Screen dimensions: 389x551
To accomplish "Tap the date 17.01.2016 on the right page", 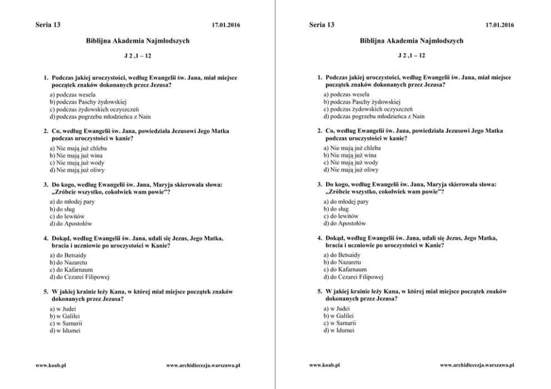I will pyautogui.click(x=499, y=25).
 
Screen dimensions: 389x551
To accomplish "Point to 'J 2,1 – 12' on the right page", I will pyautogui.click(x=412, y=55).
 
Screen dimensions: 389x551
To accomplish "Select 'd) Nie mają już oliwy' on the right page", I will pyautogui.click(x=351, y=170).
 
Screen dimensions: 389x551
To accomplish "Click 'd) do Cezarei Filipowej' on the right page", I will pyautogui.click(x=353, y=276).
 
